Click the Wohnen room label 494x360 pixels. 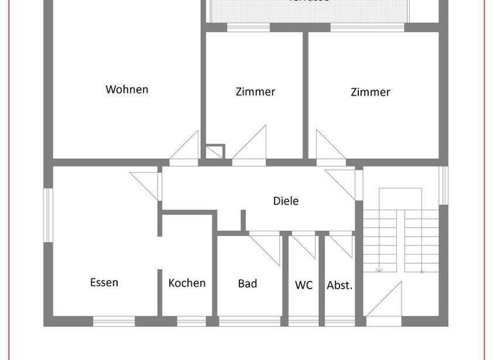point(127,89)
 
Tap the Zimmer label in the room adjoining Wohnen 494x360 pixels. point(255,92)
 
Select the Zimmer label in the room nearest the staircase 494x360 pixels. point(370,92)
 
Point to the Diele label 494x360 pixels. point(286,201)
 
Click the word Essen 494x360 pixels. point(104,282)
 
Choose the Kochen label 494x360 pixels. point(187,283)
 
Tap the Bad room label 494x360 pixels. point(248,283)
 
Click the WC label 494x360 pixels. point(304,284)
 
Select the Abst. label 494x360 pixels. point(340,285)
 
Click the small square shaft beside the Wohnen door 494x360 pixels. point(214,152)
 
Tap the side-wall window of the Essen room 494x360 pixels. point(47,215)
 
